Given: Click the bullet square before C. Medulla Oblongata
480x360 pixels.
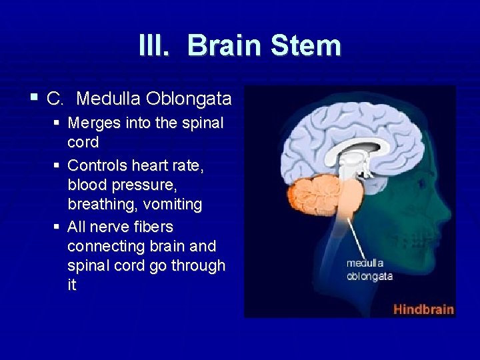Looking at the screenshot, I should [34, 99].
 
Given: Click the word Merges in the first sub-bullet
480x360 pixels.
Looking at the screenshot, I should [91, 123].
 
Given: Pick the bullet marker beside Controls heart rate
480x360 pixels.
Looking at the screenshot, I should [58, 165].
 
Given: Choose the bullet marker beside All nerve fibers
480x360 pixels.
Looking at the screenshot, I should [58, 227].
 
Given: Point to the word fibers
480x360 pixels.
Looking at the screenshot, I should [153, 227].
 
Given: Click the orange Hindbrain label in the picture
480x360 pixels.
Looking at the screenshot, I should [423, 309].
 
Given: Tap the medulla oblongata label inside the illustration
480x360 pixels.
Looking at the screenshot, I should [369, 269].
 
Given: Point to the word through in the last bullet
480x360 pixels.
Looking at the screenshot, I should [198, 265].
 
